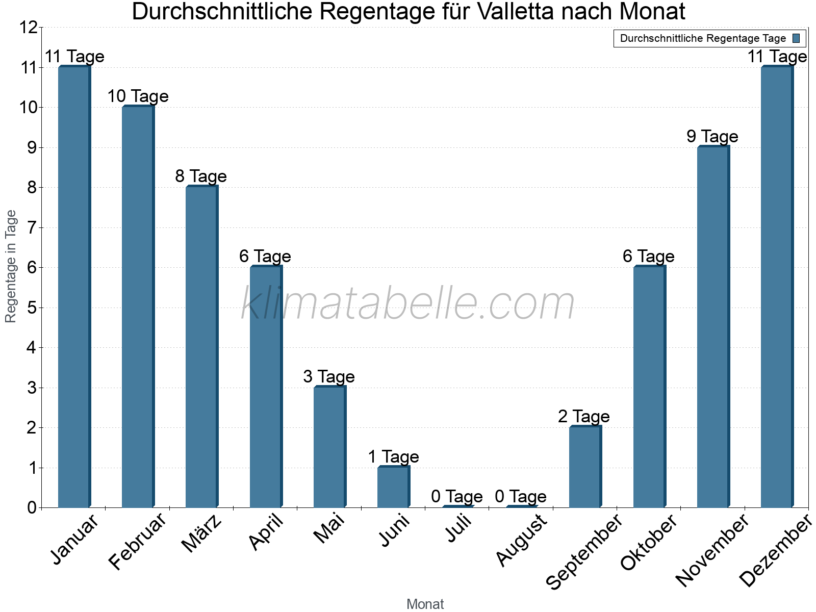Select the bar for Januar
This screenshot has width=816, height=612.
(x=74, y=287)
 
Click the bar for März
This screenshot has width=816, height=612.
(x=201, y=347)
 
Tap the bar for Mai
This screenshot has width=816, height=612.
(x=329, y=447)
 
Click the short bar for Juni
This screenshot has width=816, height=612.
(x=393, y=487)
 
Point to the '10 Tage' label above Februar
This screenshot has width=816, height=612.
(x=138, y=96)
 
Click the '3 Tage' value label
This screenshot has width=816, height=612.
(x=329, y=376)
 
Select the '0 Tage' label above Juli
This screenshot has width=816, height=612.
(x=456, y=496)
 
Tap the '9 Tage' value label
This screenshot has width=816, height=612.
(x=712, y=136)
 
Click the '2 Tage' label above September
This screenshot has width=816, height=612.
(x=584, y=416)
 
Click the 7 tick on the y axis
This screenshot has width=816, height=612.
(x=32, y=227)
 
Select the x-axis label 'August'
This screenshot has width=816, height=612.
(x=521, y=540)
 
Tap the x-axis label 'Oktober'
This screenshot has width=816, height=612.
(x=648, y=543)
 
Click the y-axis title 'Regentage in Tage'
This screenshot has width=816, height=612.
(x=11, y=266)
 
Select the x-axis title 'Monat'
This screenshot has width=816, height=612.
(x=425, y=604)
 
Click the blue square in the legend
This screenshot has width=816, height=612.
(x=796, y=38)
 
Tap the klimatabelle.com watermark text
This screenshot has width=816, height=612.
(x=407, y=304)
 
